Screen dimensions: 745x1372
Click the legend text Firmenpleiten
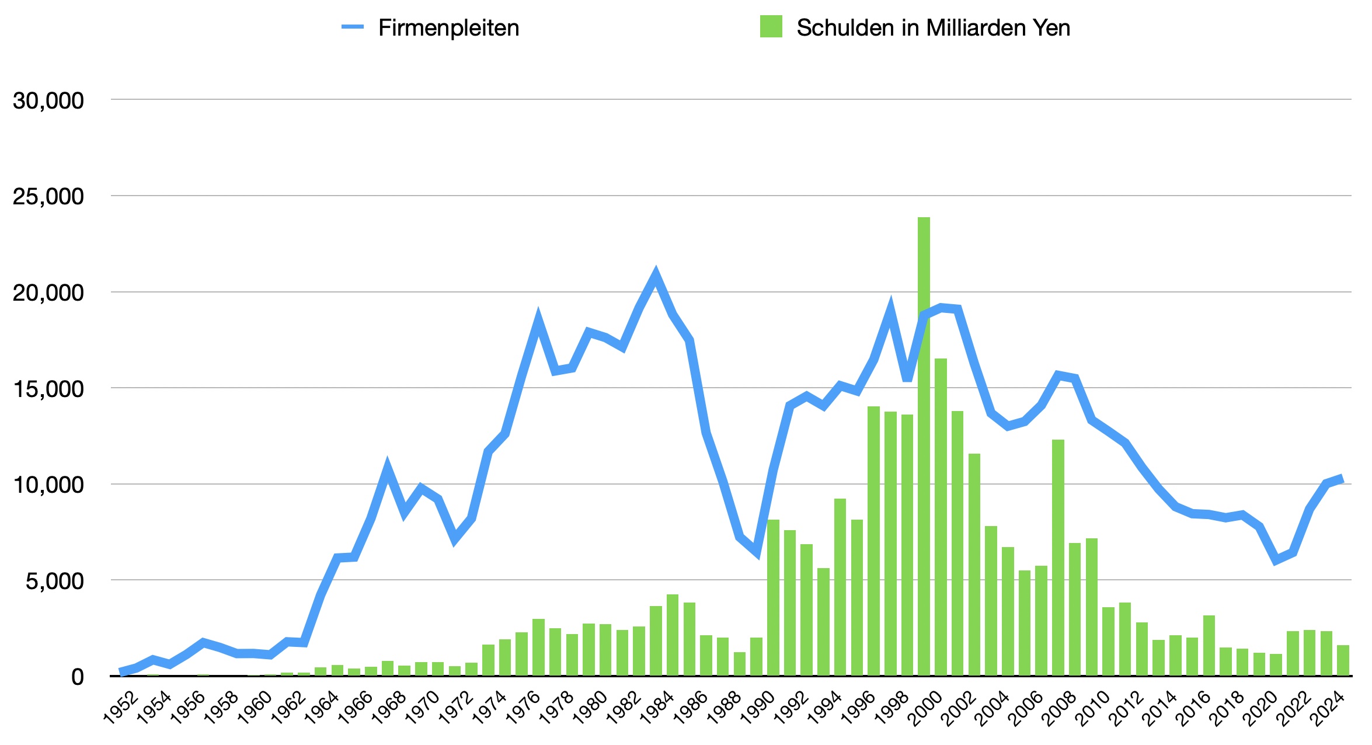pos(448,28)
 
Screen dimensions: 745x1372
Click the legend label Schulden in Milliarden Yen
pos(933,28)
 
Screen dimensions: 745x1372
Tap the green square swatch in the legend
pos(771,27)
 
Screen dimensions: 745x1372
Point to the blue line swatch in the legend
pos(353,27)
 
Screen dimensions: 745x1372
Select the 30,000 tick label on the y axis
pos(48,100)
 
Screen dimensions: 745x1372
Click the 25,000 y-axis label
pos(48,196)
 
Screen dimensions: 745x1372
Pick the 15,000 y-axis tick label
pos(48,389)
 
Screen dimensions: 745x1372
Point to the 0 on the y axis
pos(78,677)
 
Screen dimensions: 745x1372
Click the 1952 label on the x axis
pos(121,708)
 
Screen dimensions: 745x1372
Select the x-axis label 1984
pos(657,708)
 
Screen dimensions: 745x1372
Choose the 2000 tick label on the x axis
pos(926,708)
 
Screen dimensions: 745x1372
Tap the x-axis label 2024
pos(1328,708)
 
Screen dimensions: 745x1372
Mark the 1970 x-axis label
pos(423,708)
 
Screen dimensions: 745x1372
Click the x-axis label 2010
pos(1094,708)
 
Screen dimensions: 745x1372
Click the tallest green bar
pos(924,444)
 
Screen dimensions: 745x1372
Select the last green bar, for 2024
pos(1343,660)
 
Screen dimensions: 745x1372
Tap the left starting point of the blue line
pos(121,671)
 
